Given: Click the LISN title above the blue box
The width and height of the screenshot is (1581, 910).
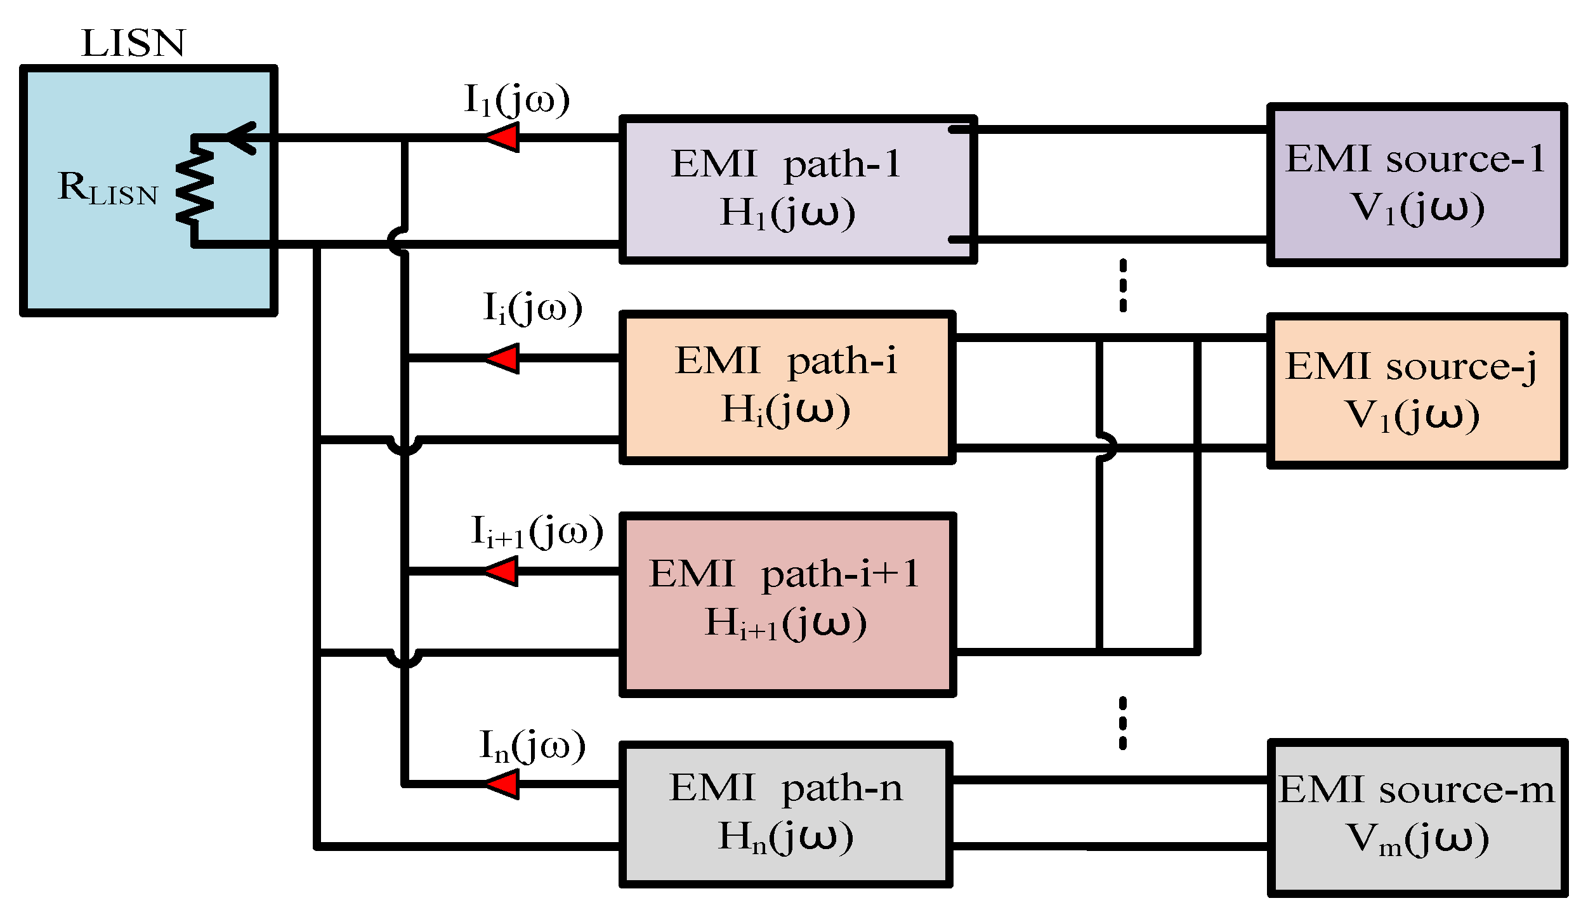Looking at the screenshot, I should pos(133,43).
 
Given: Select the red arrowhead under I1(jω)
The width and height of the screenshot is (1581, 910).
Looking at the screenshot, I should pos(504,137).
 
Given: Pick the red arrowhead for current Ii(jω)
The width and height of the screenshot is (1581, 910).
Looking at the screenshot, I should pos(504,359).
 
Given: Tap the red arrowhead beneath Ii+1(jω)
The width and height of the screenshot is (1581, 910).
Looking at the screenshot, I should pos(502,571).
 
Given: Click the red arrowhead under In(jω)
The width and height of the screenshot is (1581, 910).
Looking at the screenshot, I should pos(503,784).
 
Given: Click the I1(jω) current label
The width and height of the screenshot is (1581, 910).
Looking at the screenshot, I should pos(517,100).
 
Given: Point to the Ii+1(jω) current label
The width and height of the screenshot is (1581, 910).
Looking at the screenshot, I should pos(537,531).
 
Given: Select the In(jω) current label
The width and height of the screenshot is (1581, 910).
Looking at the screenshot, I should pos(532,746).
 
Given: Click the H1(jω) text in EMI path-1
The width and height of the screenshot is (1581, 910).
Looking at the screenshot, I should pos(787,213).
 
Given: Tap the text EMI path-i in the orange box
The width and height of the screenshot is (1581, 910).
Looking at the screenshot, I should pos(785,361).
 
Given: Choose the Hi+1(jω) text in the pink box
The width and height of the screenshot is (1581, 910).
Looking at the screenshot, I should pos(785,622).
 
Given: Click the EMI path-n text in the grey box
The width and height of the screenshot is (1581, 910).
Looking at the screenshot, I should pos(785,788).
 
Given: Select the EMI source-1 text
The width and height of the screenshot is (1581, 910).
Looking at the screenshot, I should pos(1415,159).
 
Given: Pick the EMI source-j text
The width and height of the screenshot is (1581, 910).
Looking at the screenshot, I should pos(1411,367).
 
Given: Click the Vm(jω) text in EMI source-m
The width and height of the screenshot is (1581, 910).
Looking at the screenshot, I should pos(1417,839).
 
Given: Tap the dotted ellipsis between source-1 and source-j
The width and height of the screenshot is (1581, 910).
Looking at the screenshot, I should pos(1123,285).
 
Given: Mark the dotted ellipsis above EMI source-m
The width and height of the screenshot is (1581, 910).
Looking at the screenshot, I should pos(1123,723).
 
